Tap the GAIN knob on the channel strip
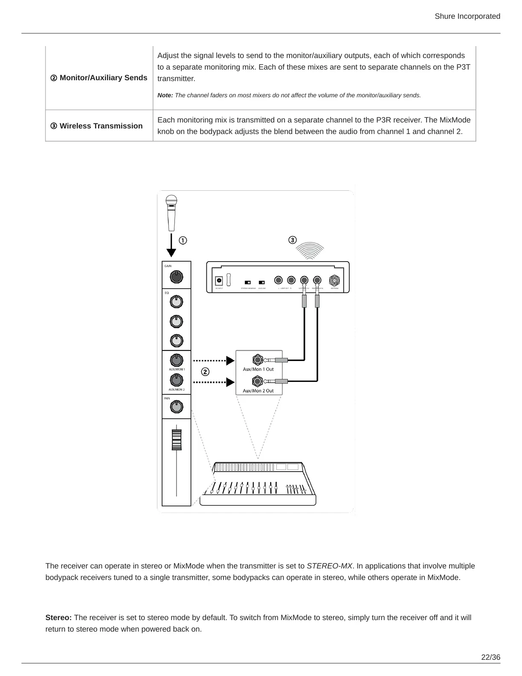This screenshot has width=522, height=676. pyautogui.click(x=176, y=277)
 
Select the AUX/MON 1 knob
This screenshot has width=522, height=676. pyautogui.click(x=176, y=360)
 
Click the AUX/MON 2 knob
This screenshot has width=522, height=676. pyautogui.click(x=176, y=380)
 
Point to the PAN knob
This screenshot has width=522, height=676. pyautogui.click(x=176, y=407)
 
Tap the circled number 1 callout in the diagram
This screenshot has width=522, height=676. pyautogui.click(x=183, y=241)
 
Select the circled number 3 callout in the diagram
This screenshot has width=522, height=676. pyautogui.click(x=292, y=240)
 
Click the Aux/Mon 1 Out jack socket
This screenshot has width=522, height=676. pyautogui.click(x=257, y=360)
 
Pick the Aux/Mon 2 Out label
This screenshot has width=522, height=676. pyautogui.click(x=258, y=390)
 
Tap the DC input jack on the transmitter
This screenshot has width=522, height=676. pyautogui.click(x=219, y=280)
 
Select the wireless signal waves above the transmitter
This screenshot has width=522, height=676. pyautogui.click(x=310, y=250)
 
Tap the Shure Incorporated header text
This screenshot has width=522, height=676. pyautogui.click(x=467, y=16)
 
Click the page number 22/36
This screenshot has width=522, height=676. pyautogui.click(x=490, y=657)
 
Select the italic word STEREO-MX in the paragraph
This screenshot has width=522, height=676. pyautogui.click(x=329, y=566)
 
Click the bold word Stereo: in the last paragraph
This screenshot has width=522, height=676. pyautogui.click(x=59, y=618)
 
